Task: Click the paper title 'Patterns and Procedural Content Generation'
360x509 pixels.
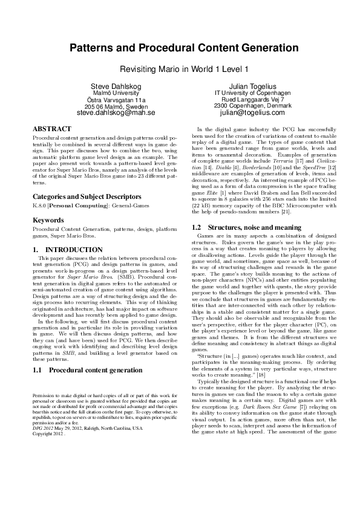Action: click(x=180, y=48)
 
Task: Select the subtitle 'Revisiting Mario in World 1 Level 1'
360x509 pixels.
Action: click(x=180, y=69)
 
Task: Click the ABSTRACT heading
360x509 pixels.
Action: click(x=51, y=129)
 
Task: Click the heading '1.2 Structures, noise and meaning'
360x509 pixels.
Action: click(x=241, y=227)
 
